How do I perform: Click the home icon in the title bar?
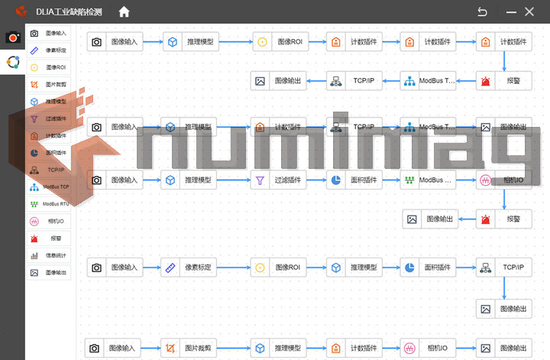point(124,11)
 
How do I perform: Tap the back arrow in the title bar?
point(482,11)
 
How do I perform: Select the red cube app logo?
point(22,11)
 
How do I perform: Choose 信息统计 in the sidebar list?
point(50,255)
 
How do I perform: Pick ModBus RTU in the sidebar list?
point(50,204)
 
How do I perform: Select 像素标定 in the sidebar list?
point(50,50)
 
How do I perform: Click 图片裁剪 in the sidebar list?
point(50,84)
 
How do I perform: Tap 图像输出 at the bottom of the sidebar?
point(50,272)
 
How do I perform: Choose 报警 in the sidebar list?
point(50,238)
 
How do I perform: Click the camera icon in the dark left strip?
point(12,37)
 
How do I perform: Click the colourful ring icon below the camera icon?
point(12,63)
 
